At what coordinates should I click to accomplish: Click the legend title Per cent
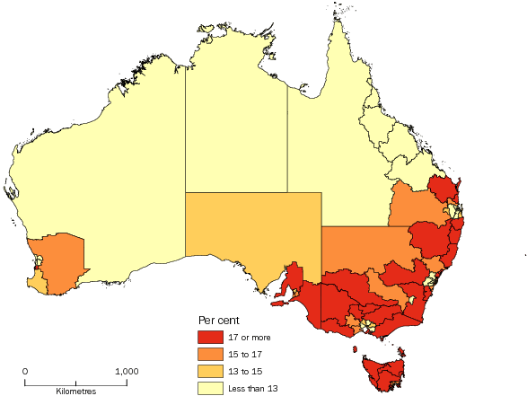218,321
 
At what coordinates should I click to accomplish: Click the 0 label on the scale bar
25,371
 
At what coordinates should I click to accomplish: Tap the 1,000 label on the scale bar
126,371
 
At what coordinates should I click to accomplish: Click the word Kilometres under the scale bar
75,392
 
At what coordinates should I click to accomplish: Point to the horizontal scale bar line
75,382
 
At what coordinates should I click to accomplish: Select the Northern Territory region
235,117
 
